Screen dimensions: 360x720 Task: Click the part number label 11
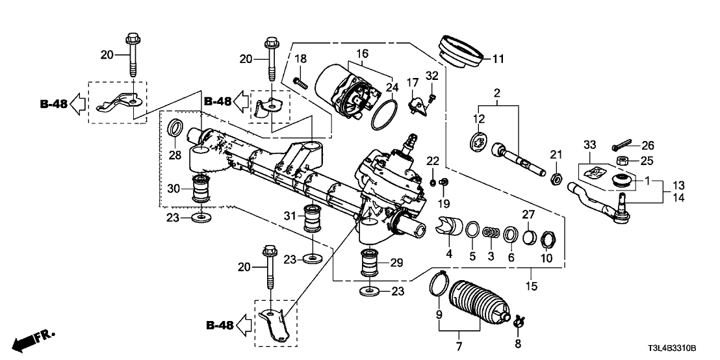(498, 59)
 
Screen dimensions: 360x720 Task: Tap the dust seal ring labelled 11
(463, 51)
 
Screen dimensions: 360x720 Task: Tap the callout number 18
(300, 59)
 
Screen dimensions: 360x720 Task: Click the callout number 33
(589, 144)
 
